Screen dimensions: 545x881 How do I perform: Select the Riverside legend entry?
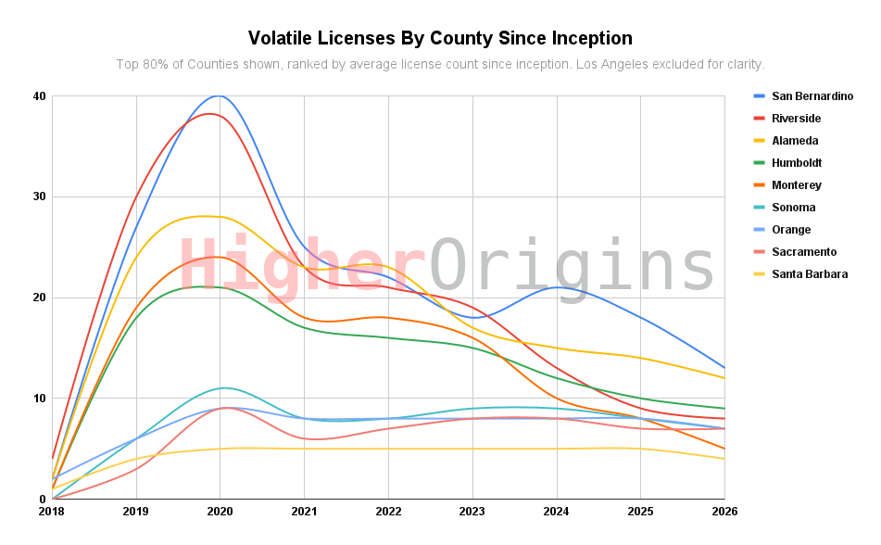click(796, 119)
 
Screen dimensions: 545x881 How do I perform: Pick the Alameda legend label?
click(794, 141)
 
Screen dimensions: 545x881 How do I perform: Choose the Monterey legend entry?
click(796, 185)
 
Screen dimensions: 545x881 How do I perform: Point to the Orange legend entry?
click(790, 230)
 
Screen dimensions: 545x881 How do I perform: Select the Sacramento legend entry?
click(803, 252)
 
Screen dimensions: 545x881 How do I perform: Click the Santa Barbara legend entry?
click(809, 274)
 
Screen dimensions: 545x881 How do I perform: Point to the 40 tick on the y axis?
click(39, 96)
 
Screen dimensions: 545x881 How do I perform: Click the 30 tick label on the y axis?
click(39, 196)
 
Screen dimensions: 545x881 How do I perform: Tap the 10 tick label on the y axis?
click(39, 399)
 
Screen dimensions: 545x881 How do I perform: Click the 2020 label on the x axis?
click(220, 511)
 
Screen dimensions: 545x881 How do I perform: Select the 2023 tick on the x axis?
click(472, 511)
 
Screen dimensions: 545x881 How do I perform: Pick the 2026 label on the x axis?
click(724, 511)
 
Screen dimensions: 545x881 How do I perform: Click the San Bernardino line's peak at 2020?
click(220, 95)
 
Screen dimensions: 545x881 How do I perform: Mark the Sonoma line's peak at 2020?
click(223, 387)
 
